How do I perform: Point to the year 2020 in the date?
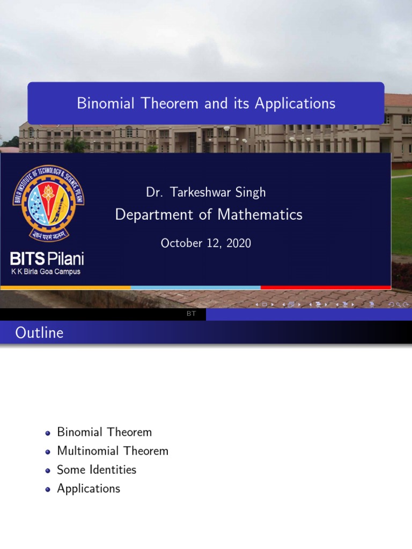[x=238, y=243]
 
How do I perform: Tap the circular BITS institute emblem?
[x=48, y=202]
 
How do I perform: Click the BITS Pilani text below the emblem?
[x=47, y=260]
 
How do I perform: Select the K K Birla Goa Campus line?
[x=46, y=271]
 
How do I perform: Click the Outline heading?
[x=39, y=333]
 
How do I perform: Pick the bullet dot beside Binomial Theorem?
[x=48, y=433]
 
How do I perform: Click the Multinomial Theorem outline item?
[x=113, y=451]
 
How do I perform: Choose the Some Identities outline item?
[x=97, y=470]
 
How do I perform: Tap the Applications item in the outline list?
[x=89, y=488]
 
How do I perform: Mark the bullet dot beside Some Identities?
[x=48, y=470]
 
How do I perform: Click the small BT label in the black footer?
[x=191, y=314]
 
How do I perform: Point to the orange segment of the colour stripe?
[x=65, y=288]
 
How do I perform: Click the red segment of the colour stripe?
[x=326, y=288]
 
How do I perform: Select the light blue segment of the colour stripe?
[x=195, y=288]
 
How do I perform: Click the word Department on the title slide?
[x=146, y=215]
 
